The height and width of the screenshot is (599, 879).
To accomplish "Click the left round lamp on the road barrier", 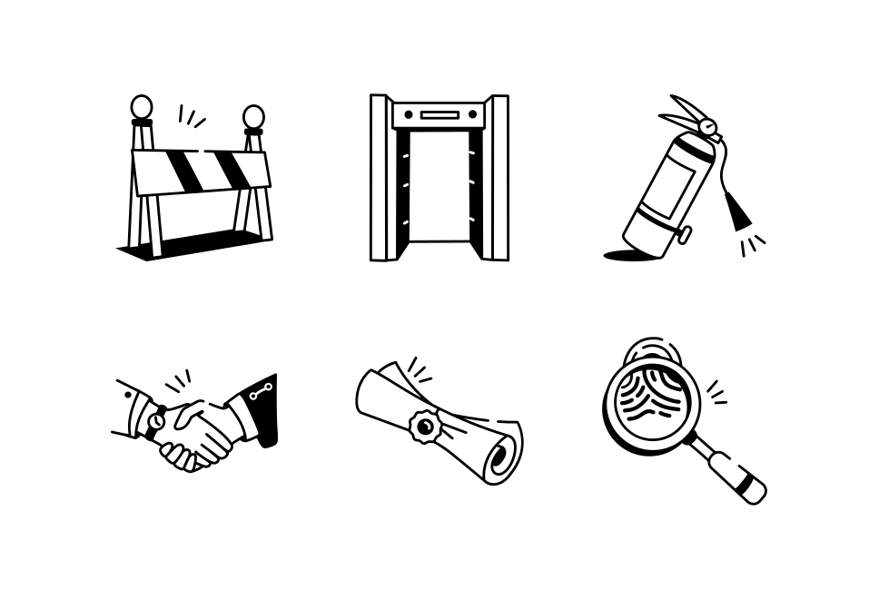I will tap(142, 107).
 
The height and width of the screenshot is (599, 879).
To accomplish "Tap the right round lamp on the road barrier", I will tap(253, 116).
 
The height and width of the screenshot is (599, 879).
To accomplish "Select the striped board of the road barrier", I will tap(201, 171).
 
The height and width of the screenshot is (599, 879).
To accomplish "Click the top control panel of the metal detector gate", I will tap(439, 114).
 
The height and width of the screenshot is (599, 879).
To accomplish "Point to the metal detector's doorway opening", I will tap(439, 186).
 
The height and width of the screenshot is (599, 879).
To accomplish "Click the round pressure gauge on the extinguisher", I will tap(707, 127).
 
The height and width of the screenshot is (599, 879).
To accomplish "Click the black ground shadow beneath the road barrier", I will tap(191, 243).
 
